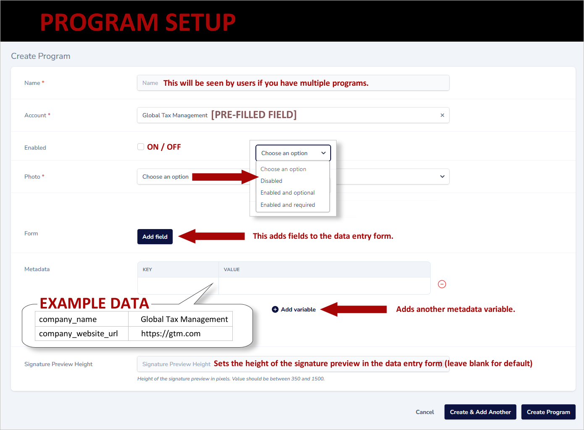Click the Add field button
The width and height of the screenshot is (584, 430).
(x=155, y=237)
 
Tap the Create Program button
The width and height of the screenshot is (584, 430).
(x=548, y=412)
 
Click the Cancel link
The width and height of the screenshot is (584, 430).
(x=424, y=412)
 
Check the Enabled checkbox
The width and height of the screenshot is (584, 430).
(x=141, y=147)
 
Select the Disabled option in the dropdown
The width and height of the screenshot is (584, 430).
(x=271, y=181)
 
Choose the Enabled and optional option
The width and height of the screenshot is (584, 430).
(x=287, y=193)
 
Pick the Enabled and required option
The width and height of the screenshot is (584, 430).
(x=287, y=205)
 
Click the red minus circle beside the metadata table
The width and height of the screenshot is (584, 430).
(x=442, y=284)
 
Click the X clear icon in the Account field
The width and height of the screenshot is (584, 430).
(x=442, y=115)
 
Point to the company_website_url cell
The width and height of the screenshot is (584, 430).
(x=79, y=334)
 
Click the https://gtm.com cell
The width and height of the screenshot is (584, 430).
(x=171, y=334)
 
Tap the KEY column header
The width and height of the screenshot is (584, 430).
(x=147, y=269)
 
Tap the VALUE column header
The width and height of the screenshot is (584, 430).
(x=231, y=269)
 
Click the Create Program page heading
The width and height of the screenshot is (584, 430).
(x=41, y=56)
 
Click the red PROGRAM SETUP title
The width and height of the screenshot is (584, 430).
(x=138, y=22)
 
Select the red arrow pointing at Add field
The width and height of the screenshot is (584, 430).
(x=212, y=236)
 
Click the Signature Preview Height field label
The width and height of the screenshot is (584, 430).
(x=58, y=364)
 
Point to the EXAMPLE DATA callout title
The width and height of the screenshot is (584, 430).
(x=95, y=303)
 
